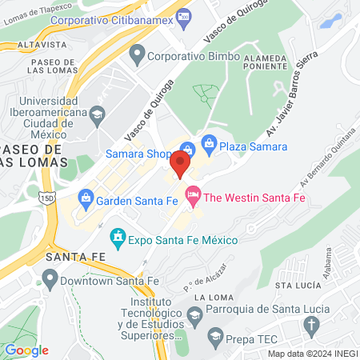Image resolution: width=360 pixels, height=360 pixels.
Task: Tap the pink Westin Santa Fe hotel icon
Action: click(193, 195)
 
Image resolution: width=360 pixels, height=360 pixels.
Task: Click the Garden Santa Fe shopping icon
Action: click(85, 197)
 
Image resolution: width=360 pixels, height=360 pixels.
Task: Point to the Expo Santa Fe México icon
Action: click(118, 238)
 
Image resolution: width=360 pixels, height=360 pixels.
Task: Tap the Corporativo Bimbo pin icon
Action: click(137, 55)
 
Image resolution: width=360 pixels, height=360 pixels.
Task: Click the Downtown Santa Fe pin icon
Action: click(51, 279)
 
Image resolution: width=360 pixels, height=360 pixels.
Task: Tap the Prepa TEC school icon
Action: click(214, 334)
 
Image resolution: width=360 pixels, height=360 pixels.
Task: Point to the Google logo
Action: click(26, 350)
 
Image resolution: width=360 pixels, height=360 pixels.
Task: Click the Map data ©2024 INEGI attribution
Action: click(312, 354)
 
